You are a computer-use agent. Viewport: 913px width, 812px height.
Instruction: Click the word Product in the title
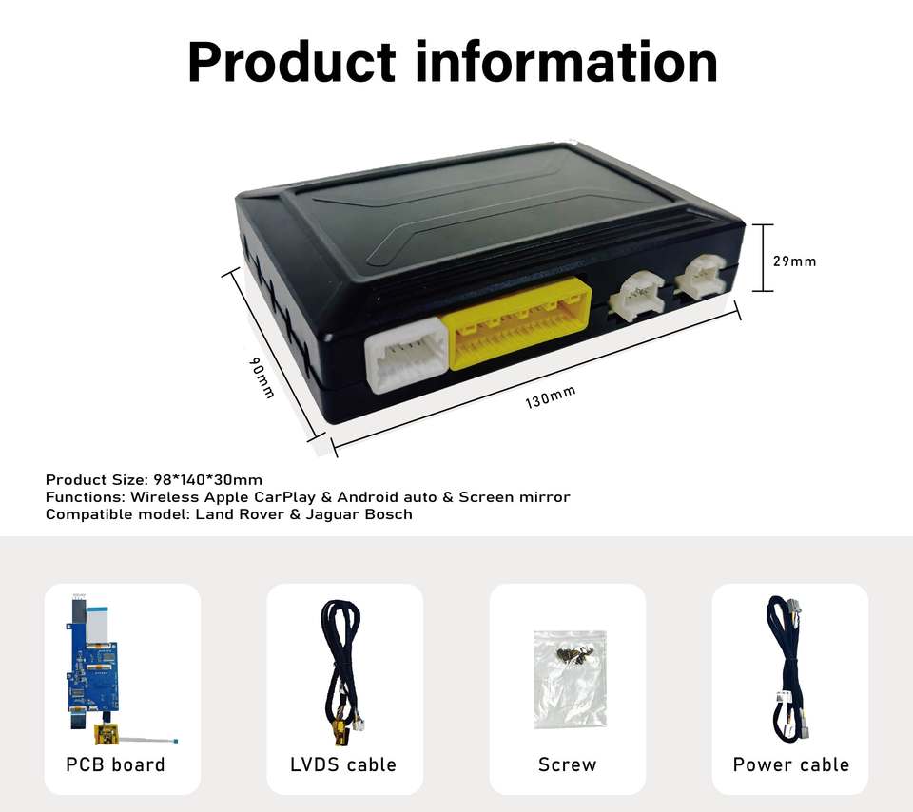290,62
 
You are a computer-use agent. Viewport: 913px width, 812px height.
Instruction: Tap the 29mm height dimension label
794,261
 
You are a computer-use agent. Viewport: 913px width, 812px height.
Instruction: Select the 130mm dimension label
551,397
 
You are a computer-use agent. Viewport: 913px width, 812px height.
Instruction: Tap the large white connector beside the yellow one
406,354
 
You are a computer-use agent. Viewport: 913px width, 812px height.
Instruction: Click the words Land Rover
234,514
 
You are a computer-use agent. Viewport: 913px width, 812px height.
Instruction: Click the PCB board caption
115,764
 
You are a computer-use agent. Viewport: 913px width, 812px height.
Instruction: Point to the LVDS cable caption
343,764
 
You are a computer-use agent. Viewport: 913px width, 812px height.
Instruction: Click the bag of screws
569,677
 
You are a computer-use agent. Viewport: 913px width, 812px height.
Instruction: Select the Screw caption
568,764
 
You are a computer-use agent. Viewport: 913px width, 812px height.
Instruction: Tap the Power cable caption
790,764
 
